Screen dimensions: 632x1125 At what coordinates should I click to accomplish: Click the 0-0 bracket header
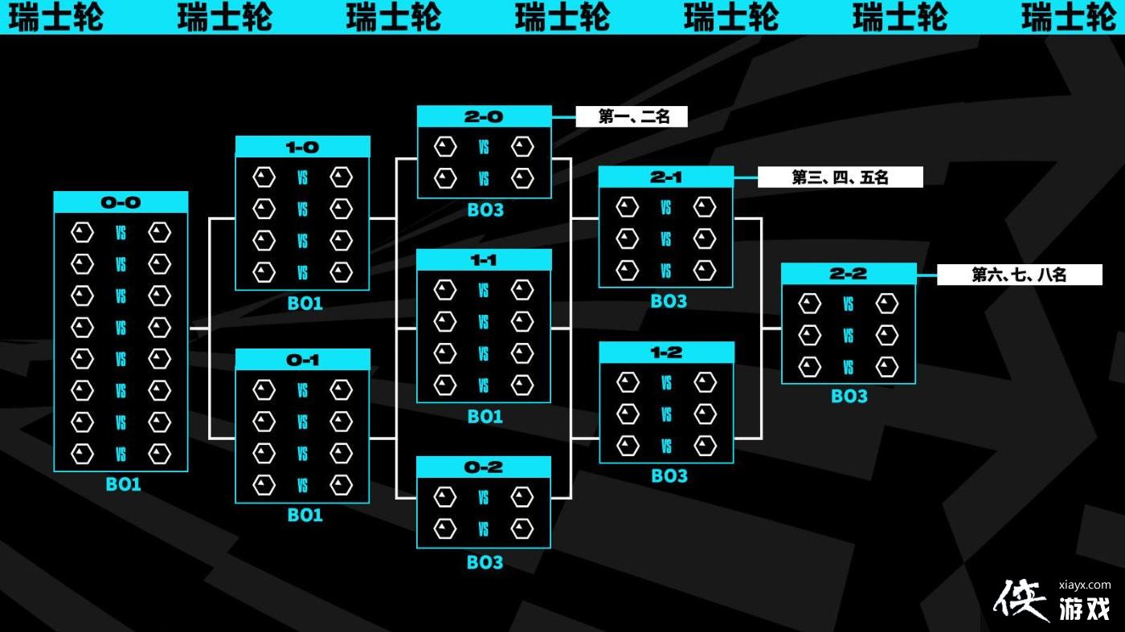point(121,202)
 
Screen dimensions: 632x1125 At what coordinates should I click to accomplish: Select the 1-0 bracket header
point(302,147)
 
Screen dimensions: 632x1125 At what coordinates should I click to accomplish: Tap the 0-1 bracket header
point(302,360)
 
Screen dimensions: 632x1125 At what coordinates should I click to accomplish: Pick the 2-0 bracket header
point(484,116)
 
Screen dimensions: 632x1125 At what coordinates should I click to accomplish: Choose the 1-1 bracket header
point(484,260)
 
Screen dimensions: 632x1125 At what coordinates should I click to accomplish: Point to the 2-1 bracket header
point(665,177)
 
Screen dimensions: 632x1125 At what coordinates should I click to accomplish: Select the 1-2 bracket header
point(666,353)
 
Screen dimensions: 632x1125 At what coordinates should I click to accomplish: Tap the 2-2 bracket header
point(849,274)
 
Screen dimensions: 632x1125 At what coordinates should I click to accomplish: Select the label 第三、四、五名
point(840,177)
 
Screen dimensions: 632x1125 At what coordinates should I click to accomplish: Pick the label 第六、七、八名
point(1019,275)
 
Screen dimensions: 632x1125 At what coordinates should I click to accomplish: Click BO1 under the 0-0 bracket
point(123,484)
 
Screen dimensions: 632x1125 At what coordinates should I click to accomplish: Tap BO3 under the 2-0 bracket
point(485,210)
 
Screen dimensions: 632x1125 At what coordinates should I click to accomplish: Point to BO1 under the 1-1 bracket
point(485,416)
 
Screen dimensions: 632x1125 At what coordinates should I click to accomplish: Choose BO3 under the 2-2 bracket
point(849,396)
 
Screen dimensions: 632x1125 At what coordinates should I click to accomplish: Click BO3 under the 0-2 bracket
point(485,562)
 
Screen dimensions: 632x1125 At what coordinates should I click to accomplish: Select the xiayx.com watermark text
point(1085,585)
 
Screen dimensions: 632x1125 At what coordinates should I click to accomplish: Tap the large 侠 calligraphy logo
point(1022,601)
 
